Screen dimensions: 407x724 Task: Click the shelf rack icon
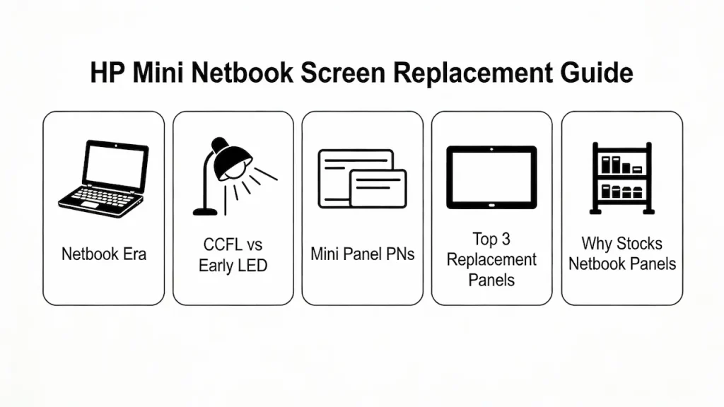click(x=621, y=177)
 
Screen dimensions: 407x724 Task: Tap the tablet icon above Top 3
click(x=491, y=177)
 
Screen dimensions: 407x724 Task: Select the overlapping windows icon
click(x=362, y=178)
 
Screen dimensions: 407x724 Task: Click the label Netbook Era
click(x=103, y=254)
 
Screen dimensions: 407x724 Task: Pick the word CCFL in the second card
click(x=214, y=245)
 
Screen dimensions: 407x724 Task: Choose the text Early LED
click(x=233, y=266)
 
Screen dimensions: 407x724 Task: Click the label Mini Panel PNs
click(x=362, y=254)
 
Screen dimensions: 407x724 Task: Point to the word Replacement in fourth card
click(x=491, y=259)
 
